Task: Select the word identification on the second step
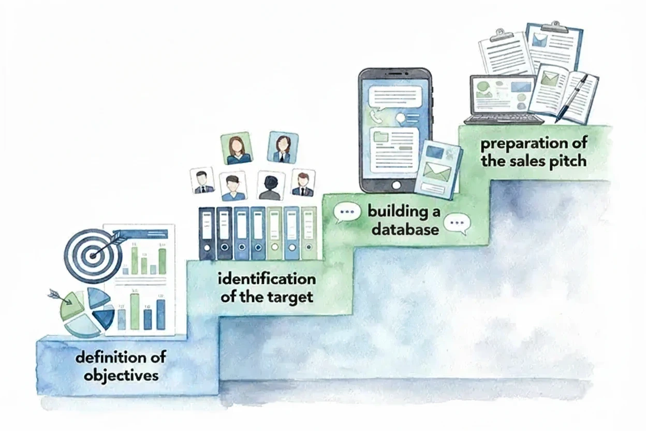[267, 279]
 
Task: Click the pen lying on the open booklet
[571, 98]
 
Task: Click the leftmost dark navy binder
[207, 233]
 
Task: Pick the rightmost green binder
[309, 233]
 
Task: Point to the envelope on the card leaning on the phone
[436, 169]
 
